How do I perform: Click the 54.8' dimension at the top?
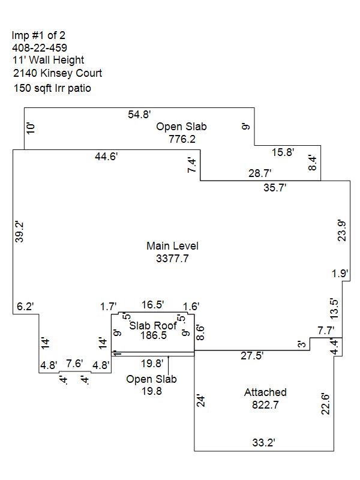pyautogui.click(x=139, y=114)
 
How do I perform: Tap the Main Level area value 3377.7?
pyautogui.click(x=172, y=259)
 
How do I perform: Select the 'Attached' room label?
pyautogui.click(x=265, y=392)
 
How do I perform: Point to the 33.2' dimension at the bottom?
pyautogui.click(x=263, y=443)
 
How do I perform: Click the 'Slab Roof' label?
pyautogui.click(x=154, y=326)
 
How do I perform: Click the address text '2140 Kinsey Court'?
pyautogui.click(x=58, y=73)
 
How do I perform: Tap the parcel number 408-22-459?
pyautogui.click(x=40, y=47)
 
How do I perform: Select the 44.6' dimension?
pyautogui.click(x=106, y=157)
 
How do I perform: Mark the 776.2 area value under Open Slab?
pyautogui.click(x=182, y=139)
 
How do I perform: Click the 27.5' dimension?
pyautogui.click(x=251, y=356)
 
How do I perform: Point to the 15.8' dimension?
pyautogui.click(x=283, y=152)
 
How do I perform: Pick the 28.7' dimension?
pyautogui.click(x=260, y=174)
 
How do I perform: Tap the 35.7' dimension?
pyautogui.click(x=275, y=187)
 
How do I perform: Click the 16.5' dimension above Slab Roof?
pyautogui.click(x=152, y=305)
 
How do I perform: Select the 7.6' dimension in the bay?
pyautogui.click(x=74, y=364)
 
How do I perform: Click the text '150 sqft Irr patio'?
pyautogui.click(x=52, y=88)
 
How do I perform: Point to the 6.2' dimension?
pyautogui.click(x=25, y=307)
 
